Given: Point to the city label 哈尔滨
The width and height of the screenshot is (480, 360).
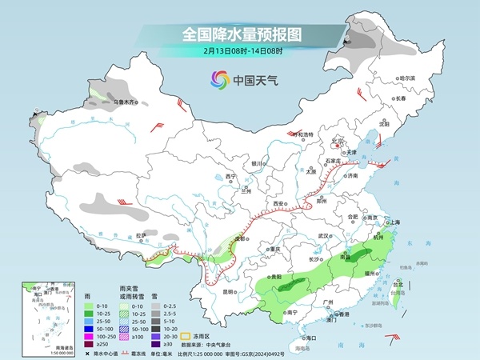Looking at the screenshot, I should pos(407,78).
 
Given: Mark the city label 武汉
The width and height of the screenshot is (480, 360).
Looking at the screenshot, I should pos(323,236).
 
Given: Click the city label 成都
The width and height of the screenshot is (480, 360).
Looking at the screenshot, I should pos(238,238).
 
